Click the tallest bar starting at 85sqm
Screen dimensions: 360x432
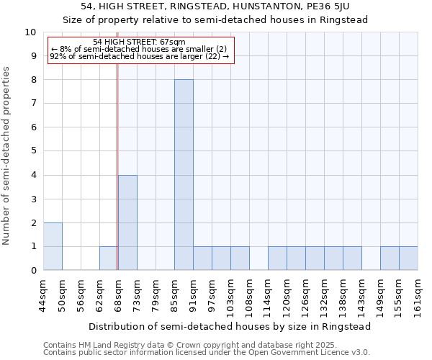coord(184,175)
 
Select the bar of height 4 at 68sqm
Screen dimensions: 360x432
coord(127,222)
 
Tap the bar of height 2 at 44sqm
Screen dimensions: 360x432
coord(53,246)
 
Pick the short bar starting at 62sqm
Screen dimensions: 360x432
coord(109,258)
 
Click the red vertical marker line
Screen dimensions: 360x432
coord(117,158)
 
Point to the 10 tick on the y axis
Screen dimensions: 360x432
coord(31,32)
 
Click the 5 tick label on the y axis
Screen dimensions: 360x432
coord(33,151)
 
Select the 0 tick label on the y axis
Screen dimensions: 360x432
coord(33,271)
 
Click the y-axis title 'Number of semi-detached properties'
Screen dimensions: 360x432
coord(7,156)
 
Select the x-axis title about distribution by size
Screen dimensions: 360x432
coord(230,326)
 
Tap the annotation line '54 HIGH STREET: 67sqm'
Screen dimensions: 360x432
coord(139,42)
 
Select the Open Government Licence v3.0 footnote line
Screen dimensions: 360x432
coord(207,353)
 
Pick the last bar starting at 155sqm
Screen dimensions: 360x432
coord(408,258)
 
